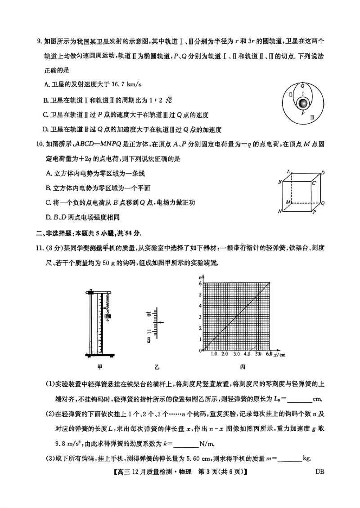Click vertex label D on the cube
click(x=323, y=173)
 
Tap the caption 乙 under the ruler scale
click(x=157, y=367)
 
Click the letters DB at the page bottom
click(x=320, y=472)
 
